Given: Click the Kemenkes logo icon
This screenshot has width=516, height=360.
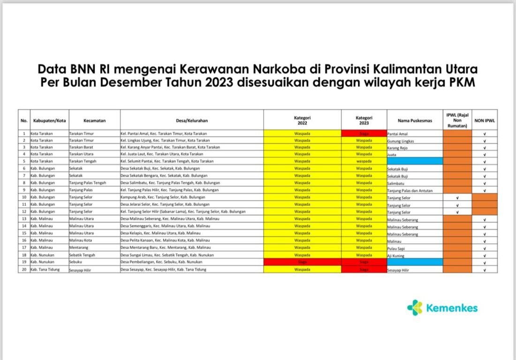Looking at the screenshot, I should pyautogui.click(x=415, y=307).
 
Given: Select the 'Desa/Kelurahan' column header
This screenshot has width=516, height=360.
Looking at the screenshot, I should pyautogui.click(x=191, y=120).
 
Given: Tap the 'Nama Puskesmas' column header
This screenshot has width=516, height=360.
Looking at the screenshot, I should pyautogui.click(x=415, y=120).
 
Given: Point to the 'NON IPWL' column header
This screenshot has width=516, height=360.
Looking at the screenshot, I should pyautogui.click(x=485, y=120).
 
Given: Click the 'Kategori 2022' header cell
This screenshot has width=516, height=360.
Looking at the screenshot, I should pyautogui.click(x=303, y=120).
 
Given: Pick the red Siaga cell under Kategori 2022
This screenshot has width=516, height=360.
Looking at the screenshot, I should pyautogui.click(x=303, y=262).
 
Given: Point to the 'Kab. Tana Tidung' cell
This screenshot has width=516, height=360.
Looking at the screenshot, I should pyautogui.click(x=46, y=270).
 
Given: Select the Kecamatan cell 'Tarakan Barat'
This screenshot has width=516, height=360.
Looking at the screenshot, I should pyautogui.click(x=82, y=147).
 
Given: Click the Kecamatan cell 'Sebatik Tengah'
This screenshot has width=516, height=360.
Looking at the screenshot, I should pyautogui.click(x=83, y=255).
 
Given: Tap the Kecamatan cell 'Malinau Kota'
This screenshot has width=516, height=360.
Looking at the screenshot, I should pyautogui.click(x=81, y=240).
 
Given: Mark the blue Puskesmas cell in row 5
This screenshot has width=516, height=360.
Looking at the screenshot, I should pyautogui.click(x=415, y=161).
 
